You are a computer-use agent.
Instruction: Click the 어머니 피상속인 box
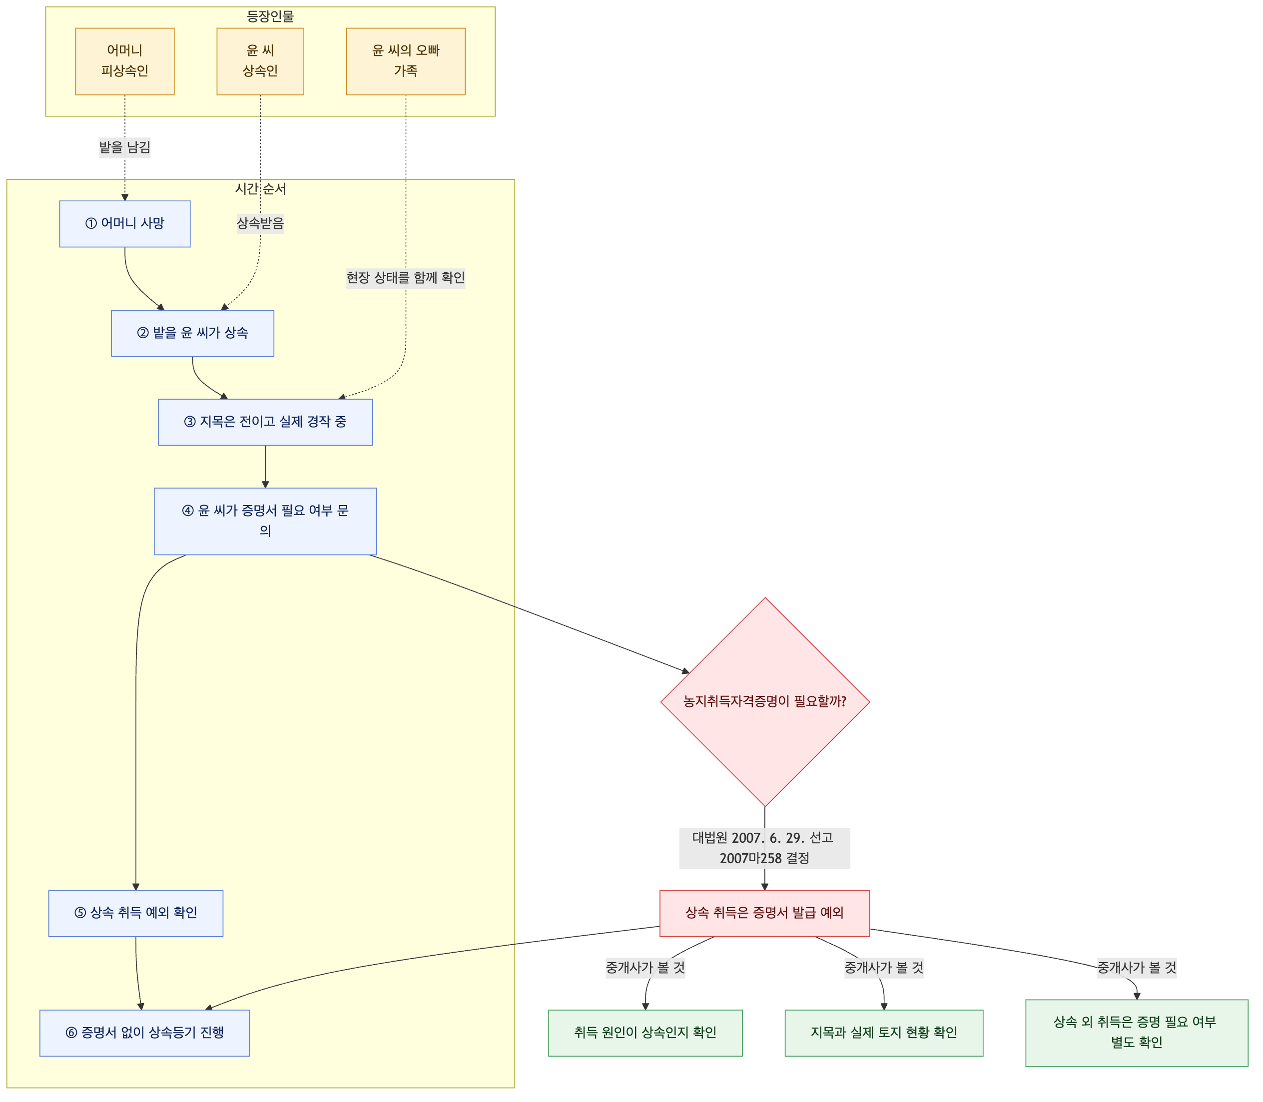[x=125, y=61]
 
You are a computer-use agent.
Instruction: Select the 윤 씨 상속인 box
[x=260, y=61]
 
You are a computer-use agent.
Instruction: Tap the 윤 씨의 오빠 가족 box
[x=406, y=61]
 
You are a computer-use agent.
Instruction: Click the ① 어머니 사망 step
[x=125, y=224]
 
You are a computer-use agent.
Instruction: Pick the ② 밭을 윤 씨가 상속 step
[x=192, y=333]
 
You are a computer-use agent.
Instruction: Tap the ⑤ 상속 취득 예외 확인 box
[x=136, y=914]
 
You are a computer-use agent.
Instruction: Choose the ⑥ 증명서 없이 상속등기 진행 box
[x=145, y=1034]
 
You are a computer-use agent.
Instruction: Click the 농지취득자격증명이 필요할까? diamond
[x=765, y=702]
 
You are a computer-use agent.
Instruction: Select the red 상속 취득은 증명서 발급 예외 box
[x=765, y=914]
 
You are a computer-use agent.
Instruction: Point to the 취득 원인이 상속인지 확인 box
[x=645, y=1034]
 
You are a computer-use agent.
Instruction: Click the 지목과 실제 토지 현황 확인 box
[x=884, y=1034]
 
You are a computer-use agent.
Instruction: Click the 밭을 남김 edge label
[x=125, y=147]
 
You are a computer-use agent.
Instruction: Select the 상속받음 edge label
[x=260, y=224]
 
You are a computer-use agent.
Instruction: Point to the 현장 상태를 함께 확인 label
[x=406, y=278]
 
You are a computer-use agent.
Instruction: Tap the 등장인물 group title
[x=271, y=16]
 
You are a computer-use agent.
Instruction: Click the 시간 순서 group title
[x=261, y=189]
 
